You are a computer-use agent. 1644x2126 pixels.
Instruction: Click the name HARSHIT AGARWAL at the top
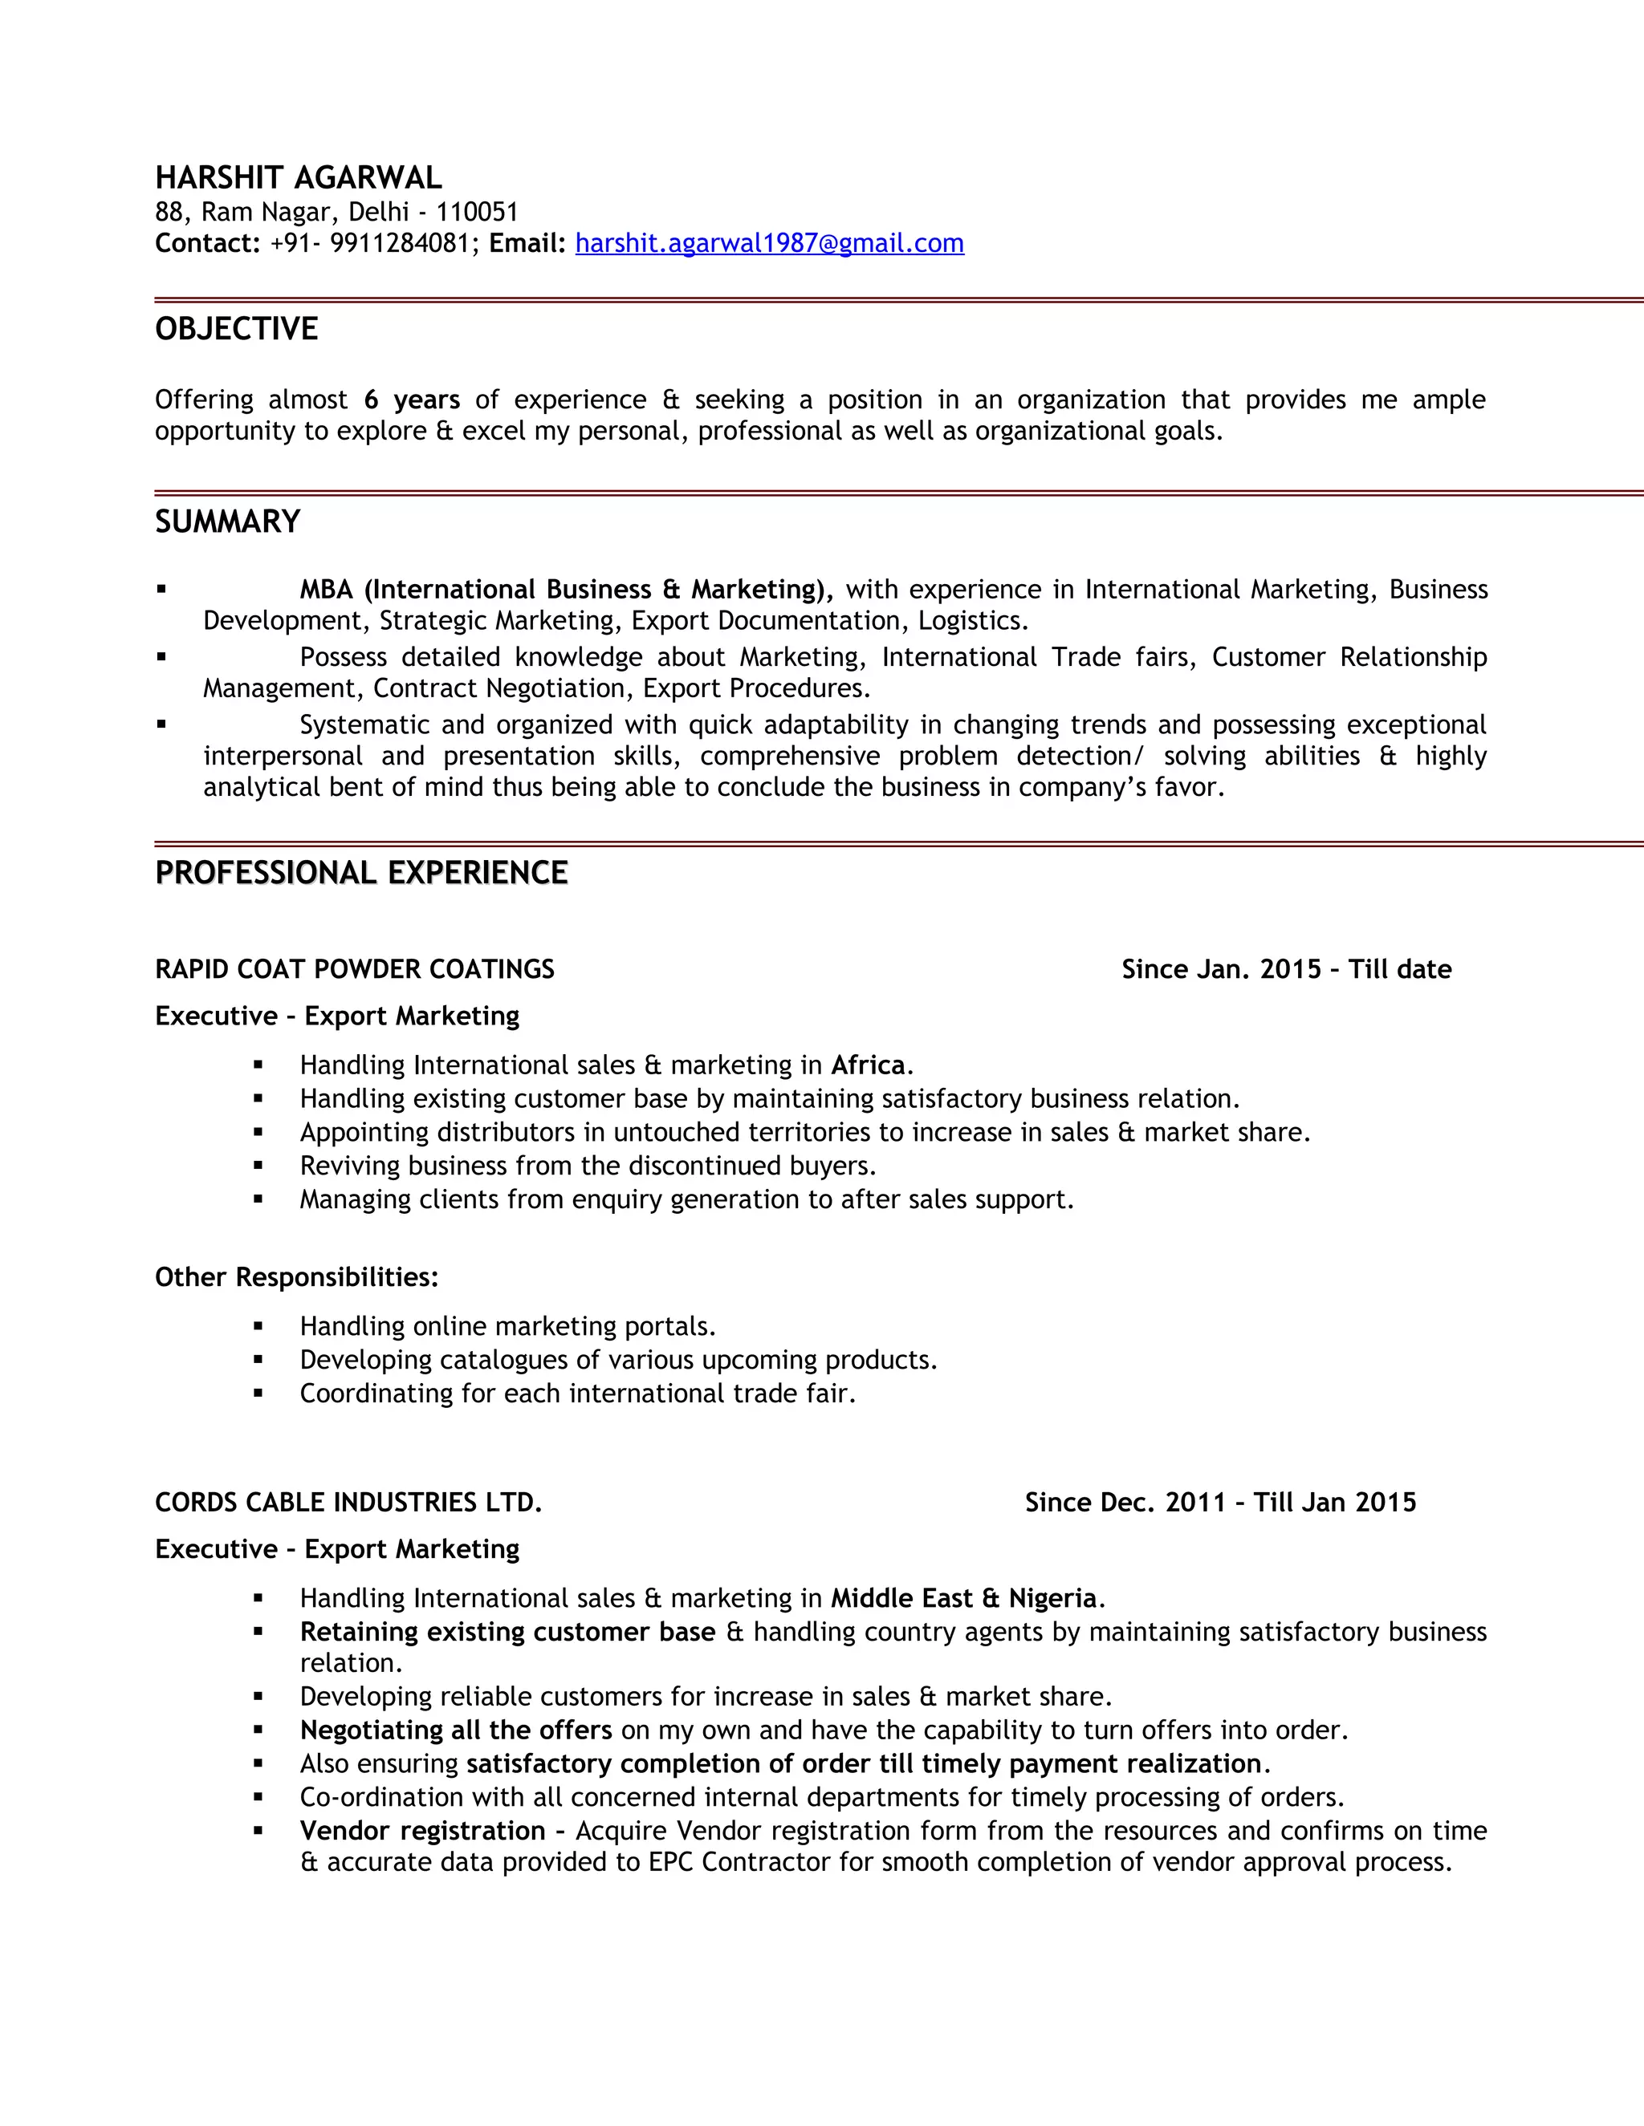[298, 178]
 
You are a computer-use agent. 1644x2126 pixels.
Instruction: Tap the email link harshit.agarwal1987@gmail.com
[769, 243]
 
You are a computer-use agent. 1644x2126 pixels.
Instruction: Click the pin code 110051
[478, 213]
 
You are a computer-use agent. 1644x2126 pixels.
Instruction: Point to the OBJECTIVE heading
[237, 329]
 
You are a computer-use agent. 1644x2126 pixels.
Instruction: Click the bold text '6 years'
[412, 400]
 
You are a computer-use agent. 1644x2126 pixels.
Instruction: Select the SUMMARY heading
[228, 521]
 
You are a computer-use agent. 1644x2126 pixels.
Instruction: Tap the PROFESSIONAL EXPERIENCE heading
[361, 872]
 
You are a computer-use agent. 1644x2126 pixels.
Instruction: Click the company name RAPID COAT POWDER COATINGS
[355, 970]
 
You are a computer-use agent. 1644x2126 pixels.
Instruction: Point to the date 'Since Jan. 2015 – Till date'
[1286, 970]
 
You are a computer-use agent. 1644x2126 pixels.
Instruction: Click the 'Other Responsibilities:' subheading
[297, 1277]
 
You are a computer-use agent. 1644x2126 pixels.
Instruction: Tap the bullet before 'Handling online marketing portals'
[258, 1326]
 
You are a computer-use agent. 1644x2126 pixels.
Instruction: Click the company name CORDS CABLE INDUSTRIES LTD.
[348, 1503]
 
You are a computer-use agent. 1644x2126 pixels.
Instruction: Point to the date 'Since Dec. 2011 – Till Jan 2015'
[1220, 1503]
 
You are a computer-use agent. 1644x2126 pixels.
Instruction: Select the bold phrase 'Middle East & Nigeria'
[963, 1598]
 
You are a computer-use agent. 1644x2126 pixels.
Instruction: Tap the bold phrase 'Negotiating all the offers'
[456, 1730]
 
